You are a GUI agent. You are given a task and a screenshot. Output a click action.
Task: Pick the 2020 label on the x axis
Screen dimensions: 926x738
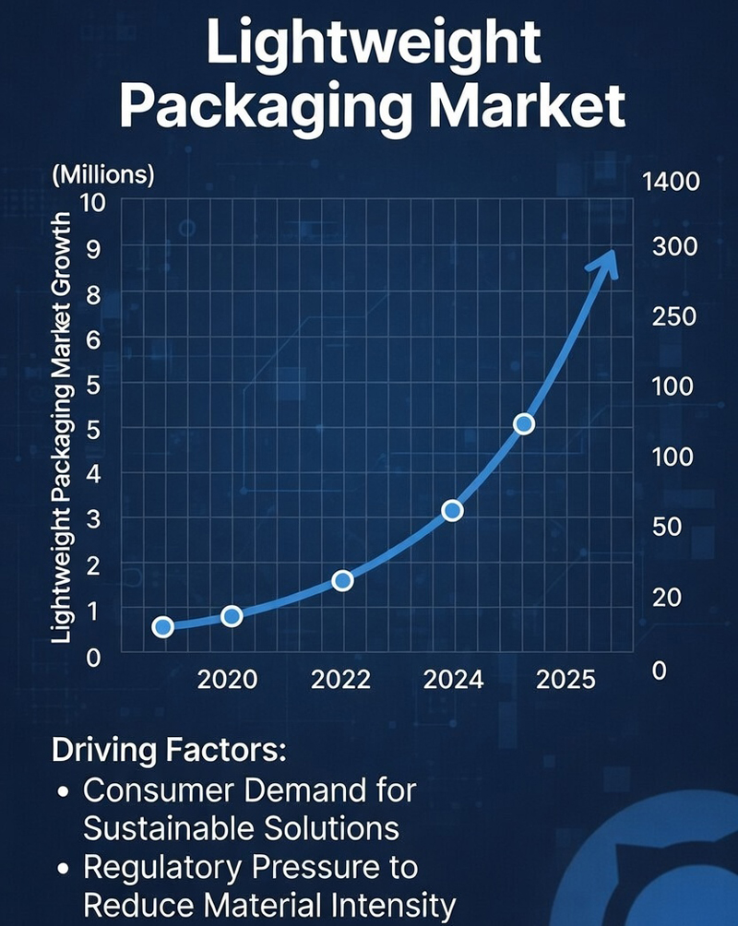pyautogui.click(x=228, y=680)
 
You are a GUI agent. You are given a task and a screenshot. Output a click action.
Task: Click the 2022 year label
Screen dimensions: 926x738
pyautogui.click(x=340, y=680)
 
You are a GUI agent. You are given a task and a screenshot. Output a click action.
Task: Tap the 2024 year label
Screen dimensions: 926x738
pyautogui.click(x=453, y=680)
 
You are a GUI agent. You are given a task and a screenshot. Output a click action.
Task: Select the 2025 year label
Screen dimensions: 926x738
pyautogui.click(x=565, y=680)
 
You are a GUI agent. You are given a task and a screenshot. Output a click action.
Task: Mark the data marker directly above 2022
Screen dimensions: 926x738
pyautogui.click(x=342, y=580)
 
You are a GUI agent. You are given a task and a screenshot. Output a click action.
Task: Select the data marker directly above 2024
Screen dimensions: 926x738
pyautogui.click(x=452, y=510)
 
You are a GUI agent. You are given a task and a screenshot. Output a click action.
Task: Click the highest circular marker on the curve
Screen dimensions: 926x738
pyautogui.click(x=523, y=423)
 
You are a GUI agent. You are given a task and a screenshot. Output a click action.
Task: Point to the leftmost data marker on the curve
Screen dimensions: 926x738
pyautogui.click(x=162, y=627)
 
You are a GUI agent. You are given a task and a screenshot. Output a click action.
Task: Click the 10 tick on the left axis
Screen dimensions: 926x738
pyautogui.click(x=94, y=202)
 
